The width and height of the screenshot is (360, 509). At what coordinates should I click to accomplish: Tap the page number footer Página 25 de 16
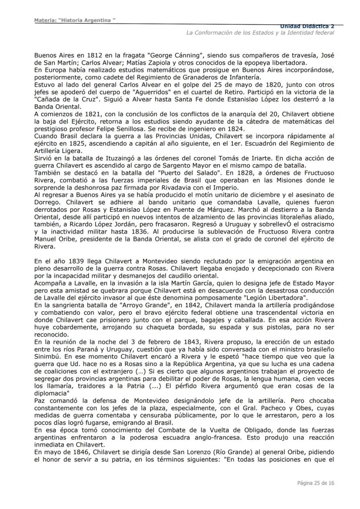(316, 483)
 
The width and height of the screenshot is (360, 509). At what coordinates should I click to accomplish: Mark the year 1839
(71, 261)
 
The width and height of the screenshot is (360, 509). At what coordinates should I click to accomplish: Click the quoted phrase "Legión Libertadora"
(273, 298)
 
